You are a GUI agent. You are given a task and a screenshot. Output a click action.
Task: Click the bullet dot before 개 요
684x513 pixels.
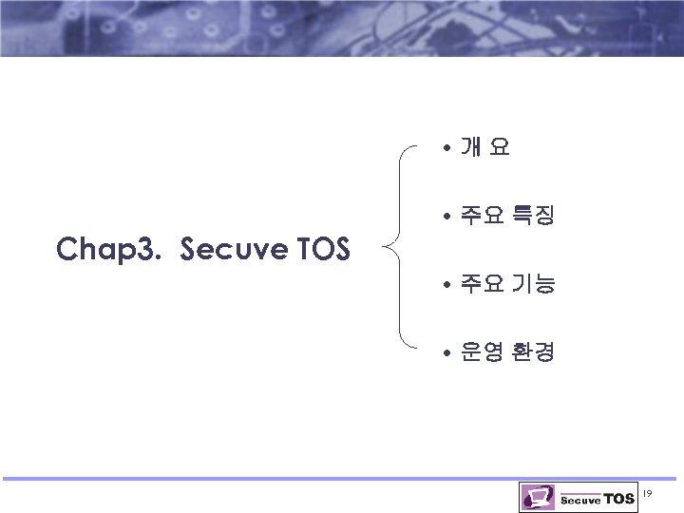tap(446, 148)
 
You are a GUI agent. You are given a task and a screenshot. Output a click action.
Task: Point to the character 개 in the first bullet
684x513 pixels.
tap(470, 148)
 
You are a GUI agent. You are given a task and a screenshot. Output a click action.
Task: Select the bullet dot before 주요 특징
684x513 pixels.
tap(446, 217)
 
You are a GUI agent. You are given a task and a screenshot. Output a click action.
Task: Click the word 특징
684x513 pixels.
tap(533, 217)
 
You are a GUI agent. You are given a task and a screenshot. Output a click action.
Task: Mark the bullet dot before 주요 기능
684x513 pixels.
tap(446, 284)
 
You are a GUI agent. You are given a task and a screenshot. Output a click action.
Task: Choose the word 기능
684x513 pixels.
tap(533, 284)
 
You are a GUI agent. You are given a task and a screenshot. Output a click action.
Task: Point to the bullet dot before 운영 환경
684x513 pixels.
tap(446, 352)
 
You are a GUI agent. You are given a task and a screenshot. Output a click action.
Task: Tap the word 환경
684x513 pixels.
tap(533, 352)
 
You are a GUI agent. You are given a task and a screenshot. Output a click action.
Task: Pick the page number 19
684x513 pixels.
tap(648, 493)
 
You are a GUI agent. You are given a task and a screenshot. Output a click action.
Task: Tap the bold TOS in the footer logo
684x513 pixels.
tap(618, 499)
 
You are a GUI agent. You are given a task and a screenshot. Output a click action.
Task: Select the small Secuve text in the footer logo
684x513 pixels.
tap(580, 501)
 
